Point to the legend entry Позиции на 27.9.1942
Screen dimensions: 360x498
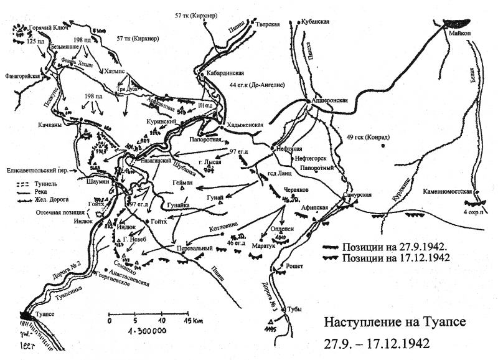[x=390, y=246]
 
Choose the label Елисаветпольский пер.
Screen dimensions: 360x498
[x=37, y=169]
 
